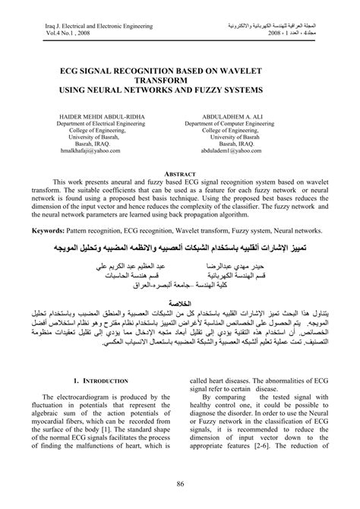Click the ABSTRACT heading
[x=180, y=173]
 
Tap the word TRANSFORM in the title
[x=180, y=78]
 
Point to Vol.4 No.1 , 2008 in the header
[x=55, y=33]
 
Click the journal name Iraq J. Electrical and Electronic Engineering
[x=79, y=25]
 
